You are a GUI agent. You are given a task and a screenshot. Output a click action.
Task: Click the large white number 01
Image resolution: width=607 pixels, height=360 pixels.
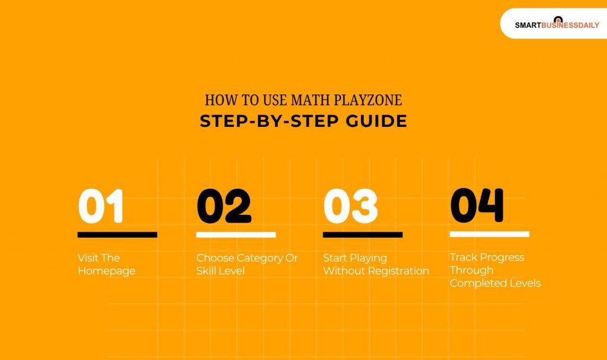tap(101, 206)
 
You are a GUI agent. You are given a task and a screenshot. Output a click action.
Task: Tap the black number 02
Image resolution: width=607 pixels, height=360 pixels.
tap(224, 206)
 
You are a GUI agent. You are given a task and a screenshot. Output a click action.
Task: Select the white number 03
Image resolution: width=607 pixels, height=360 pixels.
tap(350, 206)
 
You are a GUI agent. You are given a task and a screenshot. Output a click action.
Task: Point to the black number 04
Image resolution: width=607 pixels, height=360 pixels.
tap(477, 205)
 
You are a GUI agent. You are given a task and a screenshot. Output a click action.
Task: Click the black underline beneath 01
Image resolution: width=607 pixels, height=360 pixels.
tap(117, 235)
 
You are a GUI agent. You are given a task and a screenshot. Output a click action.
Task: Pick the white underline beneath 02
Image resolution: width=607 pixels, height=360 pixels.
tap(236, 235)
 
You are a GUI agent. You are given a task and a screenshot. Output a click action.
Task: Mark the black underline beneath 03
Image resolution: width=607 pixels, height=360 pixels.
tap(363, 235)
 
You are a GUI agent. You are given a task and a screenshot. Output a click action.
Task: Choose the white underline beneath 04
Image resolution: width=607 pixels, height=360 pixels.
tap(490, 234)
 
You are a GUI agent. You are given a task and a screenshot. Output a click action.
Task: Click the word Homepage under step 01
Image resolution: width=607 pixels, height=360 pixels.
tap(107, 271)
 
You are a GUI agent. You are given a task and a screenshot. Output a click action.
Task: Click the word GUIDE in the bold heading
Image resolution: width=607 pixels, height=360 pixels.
tap(378, 121)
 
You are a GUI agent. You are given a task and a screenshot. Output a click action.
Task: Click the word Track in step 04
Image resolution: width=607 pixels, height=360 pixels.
tap(464, 257)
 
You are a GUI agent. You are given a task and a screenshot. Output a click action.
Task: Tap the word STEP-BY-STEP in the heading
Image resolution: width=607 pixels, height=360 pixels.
tap(270, 121)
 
